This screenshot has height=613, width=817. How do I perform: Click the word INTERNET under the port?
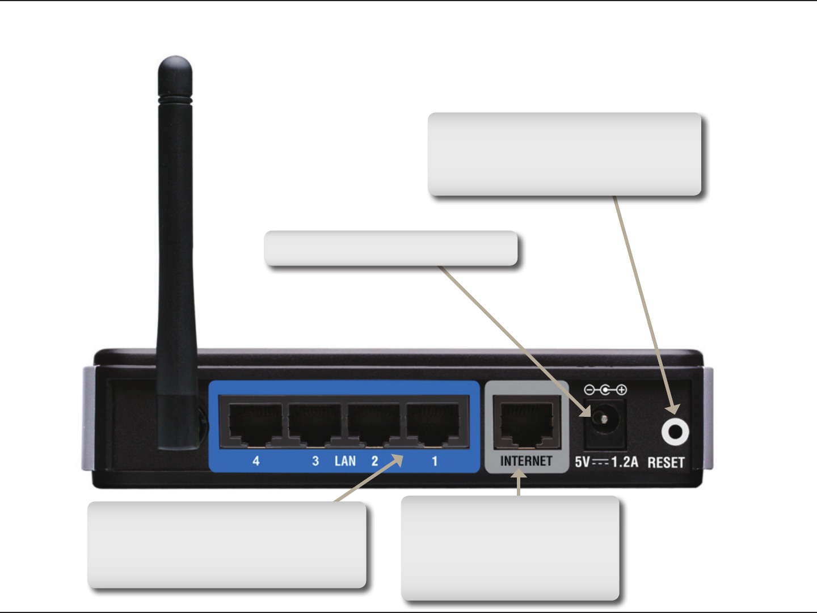pyautogui.click(x=526, y=462)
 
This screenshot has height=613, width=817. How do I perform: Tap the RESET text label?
pyautogui.click(x=666, y=463)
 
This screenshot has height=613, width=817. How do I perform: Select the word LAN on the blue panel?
pyautogui.click(x=345, y=461)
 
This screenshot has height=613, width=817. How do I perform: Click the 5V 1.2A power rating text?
pyautogui.click(x=606, y=462)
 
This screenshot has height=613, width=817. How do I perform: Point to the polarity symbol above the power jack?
pyautogui.click(x=605, y=390)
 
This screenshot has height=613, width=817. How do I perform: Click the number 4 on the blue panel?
pyautogui.click(x=256, y=461)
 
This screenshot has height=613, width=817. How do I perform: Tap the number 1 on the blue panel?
pyautogui.click(x=435, y=461)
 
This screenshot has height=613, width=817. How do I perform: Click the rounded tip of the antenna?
pyautogui.click(x=175, y=65)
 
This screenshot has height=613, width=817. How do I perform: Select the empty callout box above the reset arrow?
pyautogui.click(x=565, y=154)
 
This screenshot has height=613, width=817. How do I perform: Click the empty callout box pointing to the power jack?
pyautogui.click(x=391, y=248)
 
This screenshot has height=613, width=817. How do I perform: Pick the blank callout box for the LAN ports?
pyautogui.click(x=226, y=544)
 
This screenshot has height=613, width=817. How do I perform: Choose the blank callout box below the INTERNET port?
pyautogui.click(x=510, y=548)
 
